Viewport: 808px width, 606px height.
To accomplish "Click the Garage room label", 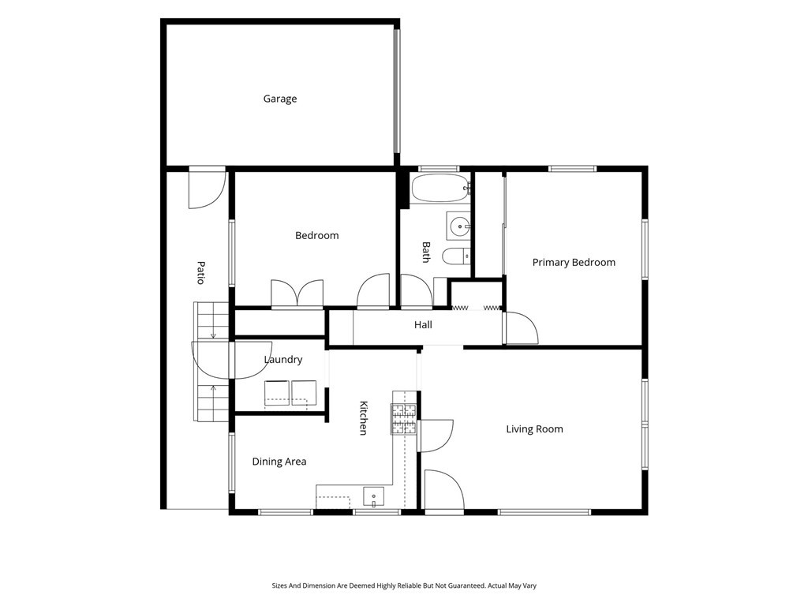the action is click(280, 99).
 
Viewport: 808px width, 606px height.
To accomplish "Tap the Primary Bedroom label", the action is click(574, 262).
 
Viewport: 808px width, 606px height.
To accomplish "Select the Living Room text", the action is click(534, 428).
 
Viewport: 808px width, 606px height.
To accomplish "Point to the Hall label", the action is click(423, 324).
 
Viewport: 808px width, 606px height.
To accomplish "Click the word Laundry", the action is click(283, 360).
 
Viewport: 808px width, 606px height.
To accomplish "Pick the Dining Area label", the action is click(279, 462).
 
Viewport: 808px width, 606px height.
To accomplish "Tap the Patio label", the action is click(201, 272).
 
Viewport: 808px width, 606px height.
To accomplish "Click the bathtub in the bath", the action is click(440, 188).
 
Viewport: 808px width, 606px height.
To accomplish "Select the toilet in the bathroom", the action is click(457, 256).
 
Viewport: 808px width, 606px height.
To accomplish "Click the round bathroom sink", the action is click(459, 226).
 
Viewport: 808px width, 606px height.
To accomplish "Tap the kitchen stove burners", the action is click(403, 419).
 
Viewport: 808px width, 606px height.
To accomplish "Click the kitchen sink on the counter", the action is click(373, 497).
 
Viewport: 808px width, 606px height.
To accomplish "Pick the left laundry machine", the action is click(277, 393).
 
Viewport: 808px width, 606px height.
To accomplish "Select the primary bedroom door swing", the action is click(522, 328).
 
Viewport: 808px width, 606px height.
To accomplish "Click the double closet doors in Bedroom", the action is click(297, 295).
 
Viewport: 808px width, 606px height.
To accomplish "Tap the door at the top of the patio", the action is click(208, 187).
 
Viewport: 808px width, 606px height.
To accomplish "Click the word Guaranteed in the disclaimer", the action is click(468, 586).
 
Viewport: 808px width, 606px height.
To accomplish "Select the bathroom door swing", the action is click(417, 291).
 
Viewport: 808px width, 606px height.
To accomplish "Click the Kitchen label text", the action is click(363, 418).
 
